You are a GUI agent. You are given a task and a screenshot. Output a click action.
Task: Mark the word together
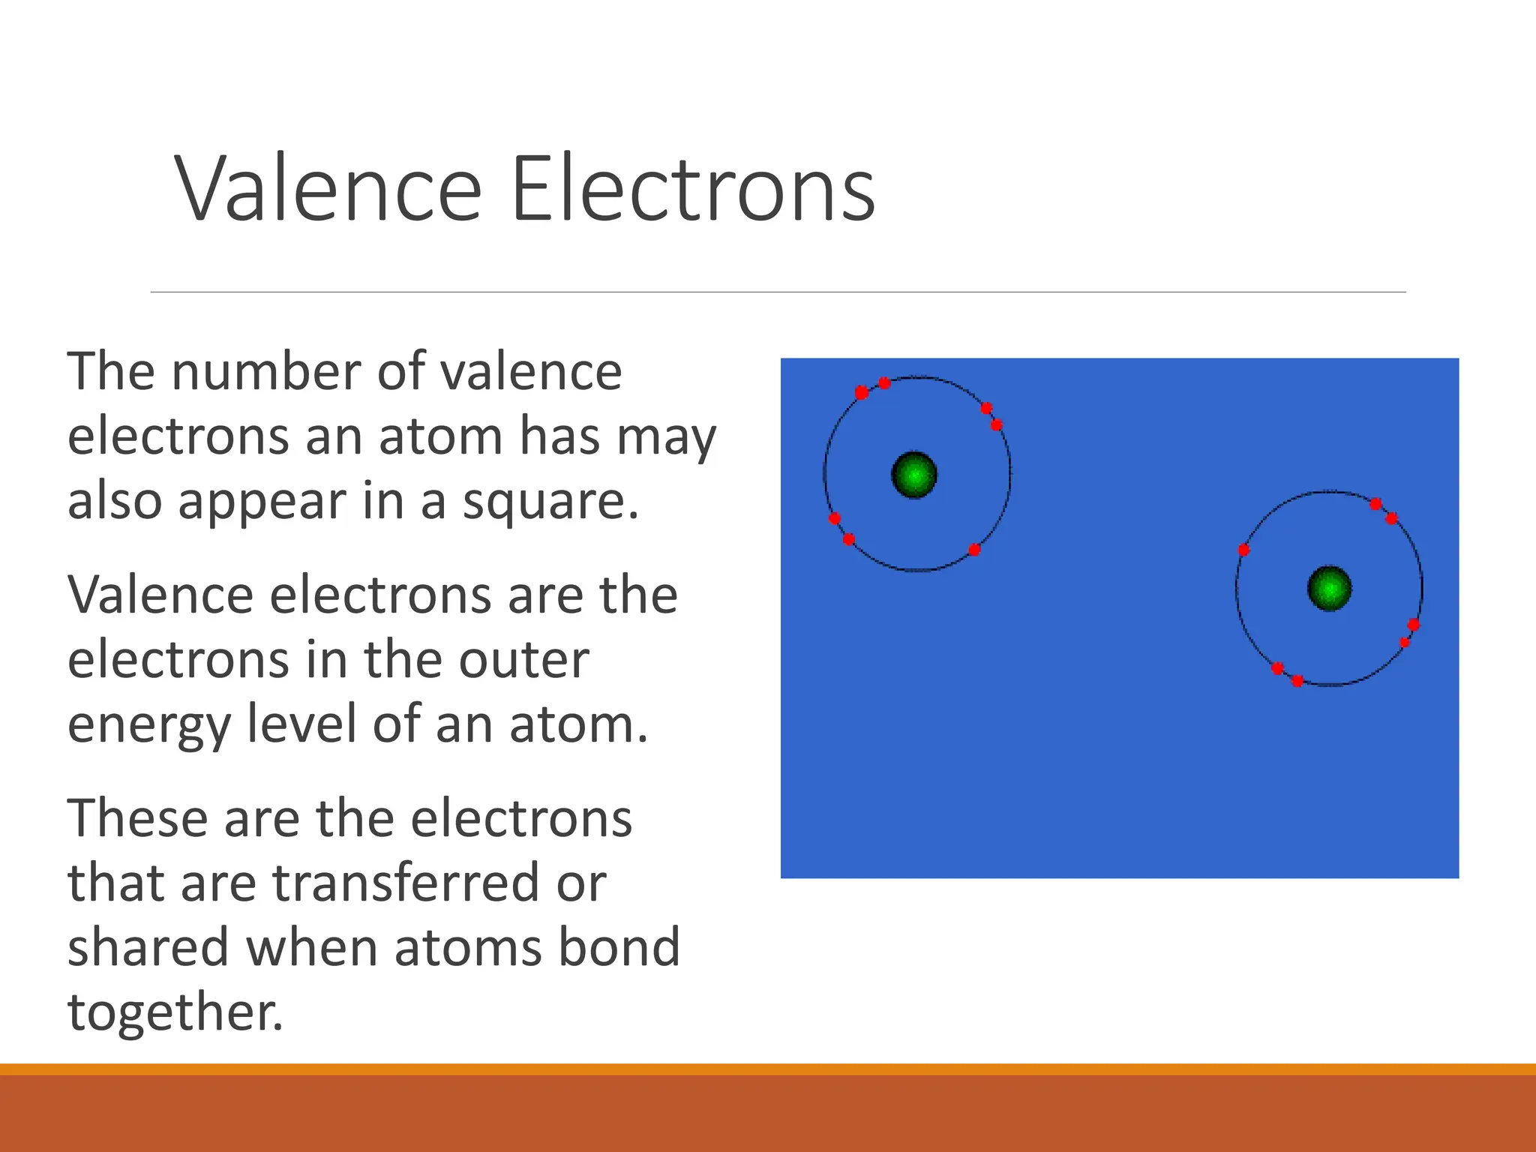[175, 1012]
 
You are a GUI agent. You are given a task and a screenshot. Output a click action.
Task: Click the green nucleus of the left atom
[914, 475]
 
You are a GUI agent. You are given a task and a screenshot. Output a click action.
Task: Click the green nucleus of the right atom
[1329, 589]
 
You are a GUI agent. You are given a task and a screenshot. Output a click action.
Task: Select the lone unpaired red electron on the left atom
[974, 550]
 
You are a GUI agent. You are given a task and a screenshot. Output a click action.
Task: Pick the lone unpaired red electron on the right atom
[1243, 550]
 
